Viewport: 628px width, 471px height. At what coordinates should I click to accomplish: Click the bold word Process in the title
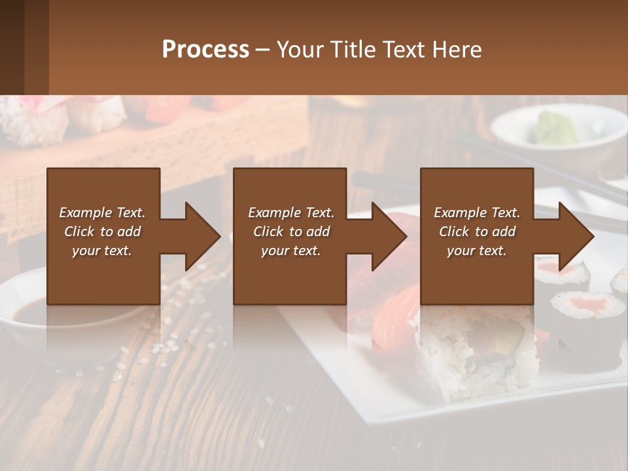[x=205, y=50]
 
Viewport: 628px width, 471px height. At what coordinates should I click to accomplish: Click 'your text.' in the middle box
[x=290, y=251]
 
